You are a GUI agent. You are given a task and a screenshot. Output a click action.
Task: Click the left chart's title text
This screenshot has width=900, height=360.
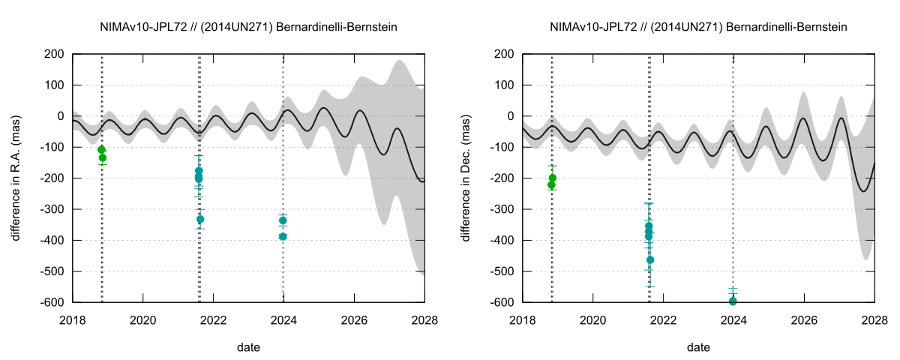click(x=248, y=27)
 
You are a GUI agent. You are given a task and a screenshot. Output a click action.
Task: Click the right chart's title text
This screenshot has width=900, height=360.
click(x=698, y=27)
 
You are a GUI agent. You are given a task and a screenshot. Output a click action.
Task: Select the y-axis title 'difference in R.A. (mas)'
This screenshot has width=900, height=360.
click(x=16, y=178)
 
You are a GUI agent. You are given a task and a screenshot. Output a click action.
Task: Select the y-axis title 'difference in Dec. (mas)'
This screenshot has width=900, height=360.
click(x=466, y=178)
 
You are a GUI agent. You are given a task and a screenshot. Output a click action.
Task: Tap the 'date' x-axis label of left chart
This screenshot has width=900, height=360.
click(x=248, y=348)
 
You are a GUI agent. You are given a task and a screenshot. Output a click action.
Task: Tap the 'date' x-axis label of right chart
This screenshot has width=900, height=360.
click(x=698, y=348)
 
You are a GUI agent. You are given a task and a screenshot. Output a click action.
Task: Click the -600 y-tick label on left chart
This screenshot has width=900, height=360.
click(x=52, y=302)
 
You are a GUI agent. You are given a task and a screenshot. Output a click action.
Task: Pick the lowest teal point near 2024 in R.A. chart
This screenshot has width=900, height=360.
click(x=283, y=236)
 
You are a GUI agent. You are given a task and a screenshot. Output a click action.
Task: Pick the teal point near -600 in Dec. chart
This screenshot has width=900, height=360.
click(x=733, y=301)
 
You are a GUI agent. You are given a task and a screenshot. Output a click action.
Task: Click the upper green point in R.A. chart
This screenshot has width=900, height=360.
click(x=101, y=149)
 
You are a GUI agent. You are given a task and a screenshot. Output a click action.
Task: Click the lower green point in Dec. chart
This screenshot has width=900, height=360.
click(x=551, y=184)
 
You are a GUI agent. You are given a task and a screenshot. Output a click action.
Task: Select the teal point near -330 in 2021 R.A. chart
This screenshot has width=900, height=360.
click(x=200, y=219)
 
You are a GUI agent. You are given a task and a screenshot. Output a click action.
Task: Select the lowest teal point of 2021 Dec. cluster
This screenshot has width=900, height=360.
click(x=650, y=259)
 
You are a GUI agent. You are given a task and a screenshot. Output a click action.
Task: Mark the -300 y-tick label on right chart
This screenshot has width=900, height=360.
click(x=502, y=209)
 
